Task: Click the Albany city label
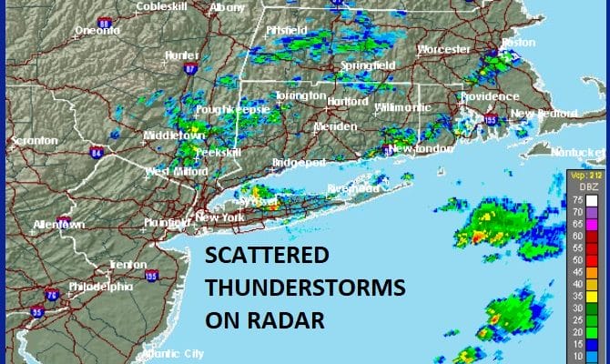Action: (x=227, y=7)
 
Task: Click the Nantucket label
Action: (x=577, y=151)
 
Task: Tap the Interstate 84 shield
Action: (x=95, y=152)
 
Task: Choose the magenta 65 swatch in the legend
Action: (x=592, y=224)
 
